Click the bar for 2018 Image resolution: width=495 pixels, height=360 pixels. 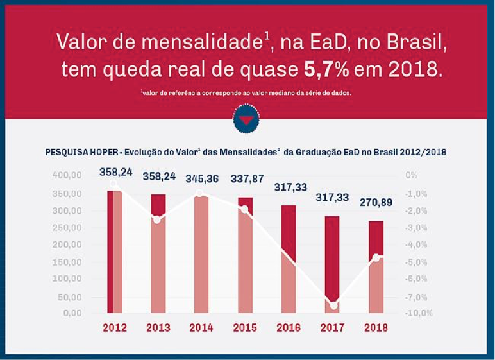pyautogui.click(x=376, y=268)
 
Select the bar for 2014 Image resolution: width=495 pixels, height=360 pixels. pyautogui.click(x=202, y=255)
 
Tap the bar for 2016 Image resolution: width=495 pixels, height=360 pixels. pyautogui.click(x=289, y=259)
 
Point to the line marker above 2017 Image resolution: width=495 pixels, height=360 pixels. pyautogui.click(x=333, y=305)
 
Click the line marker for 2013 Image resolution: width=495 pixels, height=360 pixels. pyautogui.click(x=157, y=219)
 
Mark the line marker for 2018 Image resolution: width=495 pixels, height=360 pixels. pyautogui.click(x=377, y=258)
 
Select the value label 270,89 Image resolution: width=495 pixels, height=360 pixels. pyautogui.click(x=375, y=203)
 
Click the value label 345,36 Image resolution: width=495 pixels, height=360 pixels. pyautogui.click(x=203, y=179)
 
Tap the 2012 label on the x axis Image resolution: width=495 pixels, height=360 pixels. pyautogui.click(x=115, y=327)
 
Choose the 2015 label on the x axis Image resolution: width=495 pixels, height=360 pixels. pyautogui.click(x=246, y=327)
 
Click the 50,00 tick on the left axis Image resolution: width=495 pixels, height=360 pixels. pyautogui.click(x=69, y=296)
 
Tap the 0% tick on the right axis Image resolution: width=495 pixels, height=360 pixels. pyautogui.click(x=412, y=175)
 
